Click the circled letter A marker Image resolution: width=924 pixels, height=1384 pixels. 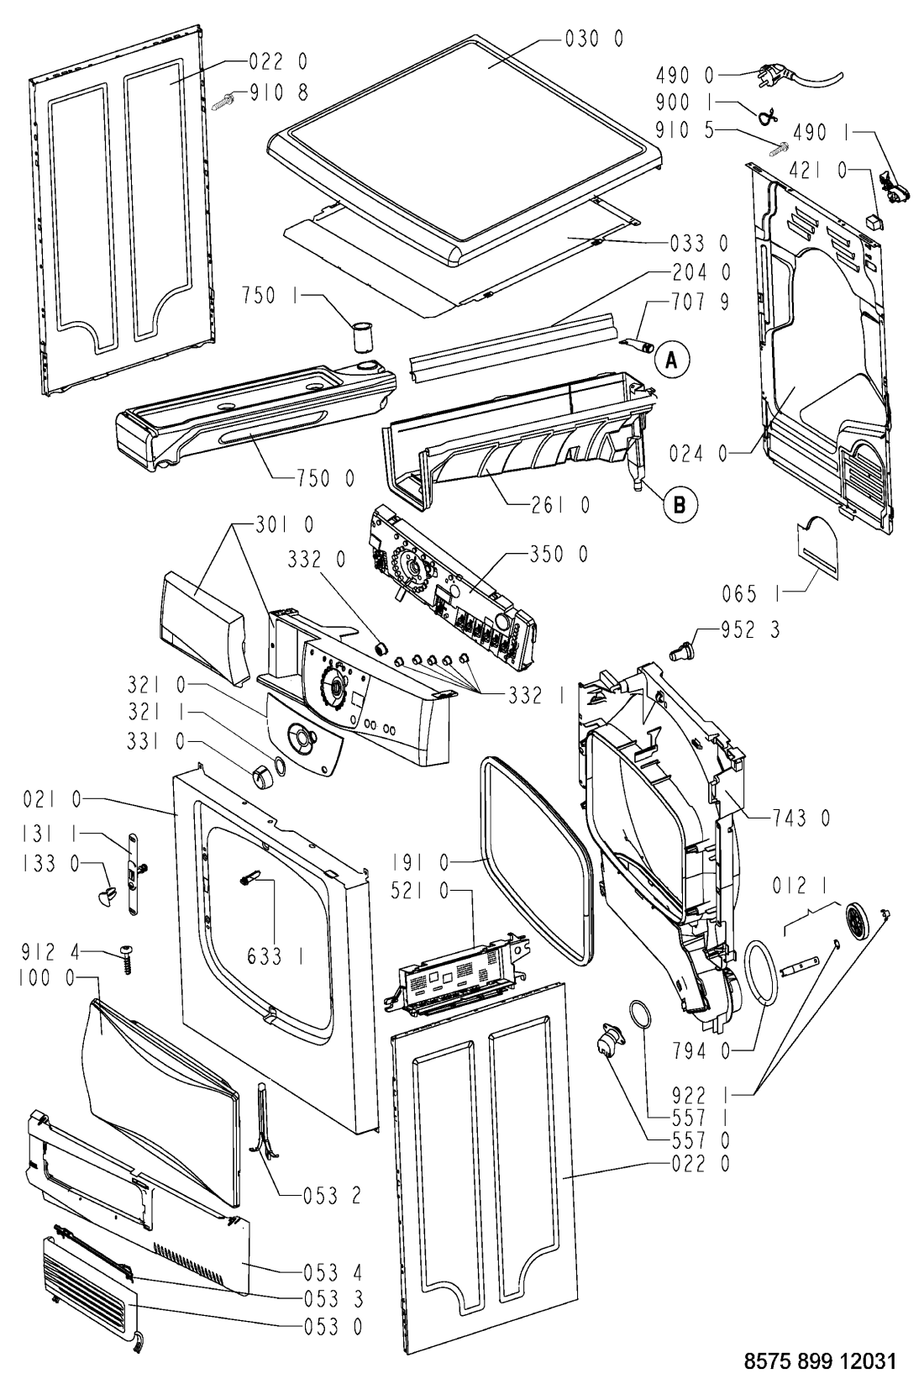pos(673,360)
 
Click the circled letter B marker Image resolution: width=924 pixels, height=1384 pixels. pos(680,505)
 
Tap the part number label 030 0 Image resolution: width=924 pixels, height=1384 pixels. pos(594,39)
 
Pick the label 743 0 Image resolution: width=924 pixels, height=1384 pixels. pos(801,818)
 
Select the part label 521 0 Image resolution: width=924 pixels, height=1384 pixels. pos(421,891)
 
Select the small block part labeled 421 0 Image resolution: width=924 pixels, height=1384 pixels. pos(873,219)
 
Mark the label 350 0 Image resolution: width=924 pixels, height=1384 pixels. pos(559,555)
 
